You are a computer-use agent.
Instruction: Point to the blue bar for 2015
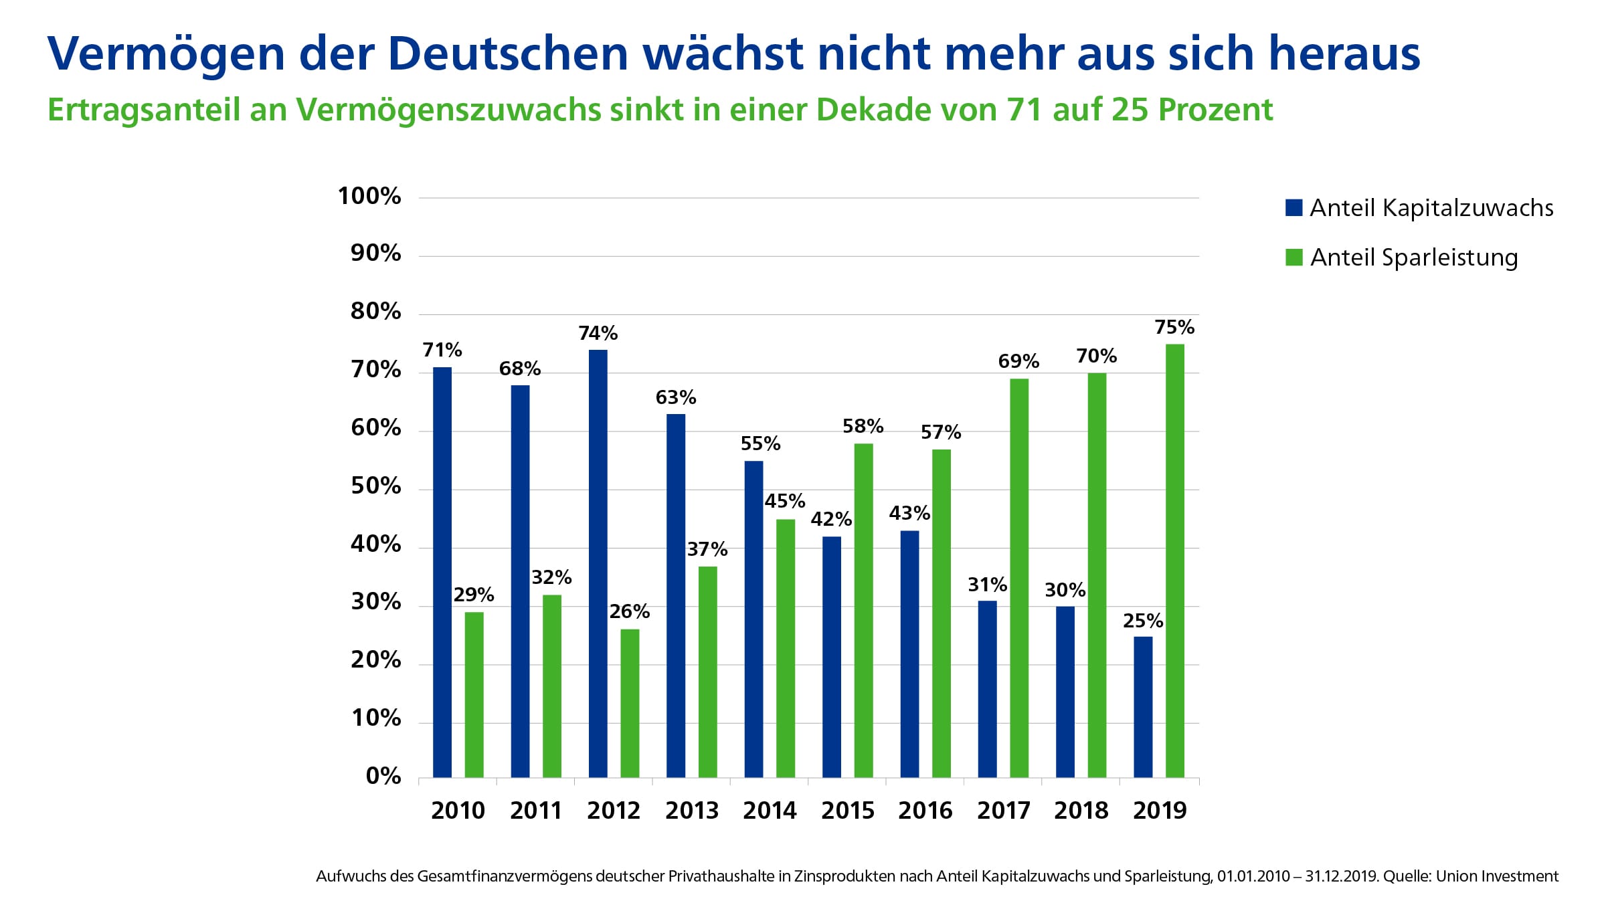831,656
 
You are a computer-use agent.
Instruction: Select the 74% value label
598,333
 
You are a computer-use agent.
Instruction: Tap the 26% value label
629,611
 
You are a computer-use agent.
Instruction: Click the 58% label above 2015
863,426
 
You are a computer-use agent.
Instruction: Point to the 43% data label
909,513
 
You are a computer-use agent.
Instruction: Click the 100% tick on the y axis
369,196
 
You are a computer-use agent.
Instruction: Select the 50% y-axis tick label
375,486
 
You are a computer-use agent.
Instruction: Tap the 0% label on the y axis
383,776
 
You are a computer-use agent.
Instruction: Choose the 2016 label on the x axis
925,811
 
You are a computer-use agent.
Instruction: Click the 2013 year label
691,811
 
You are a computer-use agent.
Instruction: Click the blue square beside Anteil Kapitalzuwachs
1293,207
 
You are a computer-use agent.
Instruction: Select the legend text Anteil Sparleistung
1413,258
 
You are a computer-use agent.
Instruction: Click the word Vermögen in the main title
167,54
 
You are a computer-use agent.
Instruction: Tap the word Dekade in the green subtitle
873,110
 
